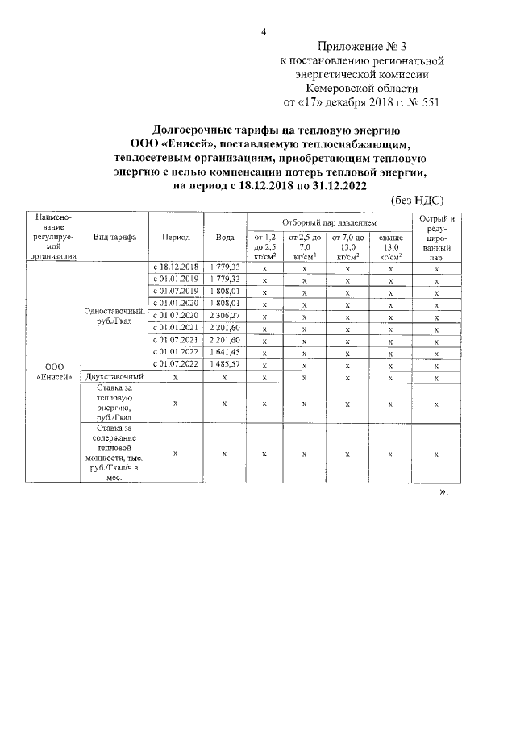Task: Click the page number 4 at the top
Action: (x=263, y=31)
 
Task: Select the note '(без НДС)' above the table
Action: (x=417, y=200)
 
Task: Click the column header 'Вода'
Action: (x=225, y=237)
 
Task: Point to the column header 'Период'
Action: (x=176, y=237)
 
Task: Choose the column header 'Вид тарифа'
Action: (x=114, y=237)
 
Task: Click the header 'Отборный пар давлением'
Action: (x=329, y=222)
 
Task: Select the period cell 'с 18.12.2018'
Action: (x=176, y=267)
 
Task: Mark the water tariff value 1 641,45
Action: (x=225, y=351)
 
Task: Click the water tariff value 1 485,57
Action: (x=225, y=364)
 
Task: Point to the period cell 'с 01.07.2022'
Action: (x=176, y=364)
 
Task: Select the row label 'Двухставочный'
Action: (x=114, y=376)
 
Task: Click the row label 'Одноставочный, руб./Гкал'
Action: (x=114, y=316)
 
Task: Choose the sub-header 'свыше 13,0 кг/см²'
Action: (x=390, y=246)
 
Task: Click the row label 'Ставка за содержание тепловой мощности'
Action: (x=114, y=453)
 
